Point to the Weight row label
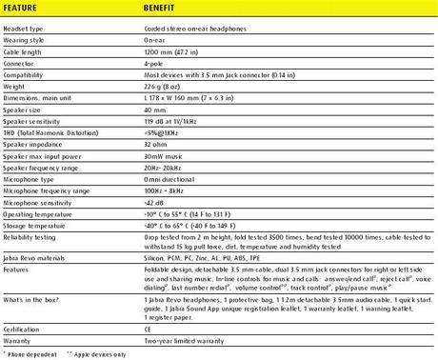coord(15,86)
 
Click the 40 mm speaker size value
coord(155,109)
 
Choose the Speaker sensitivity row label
coord(30,120)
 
